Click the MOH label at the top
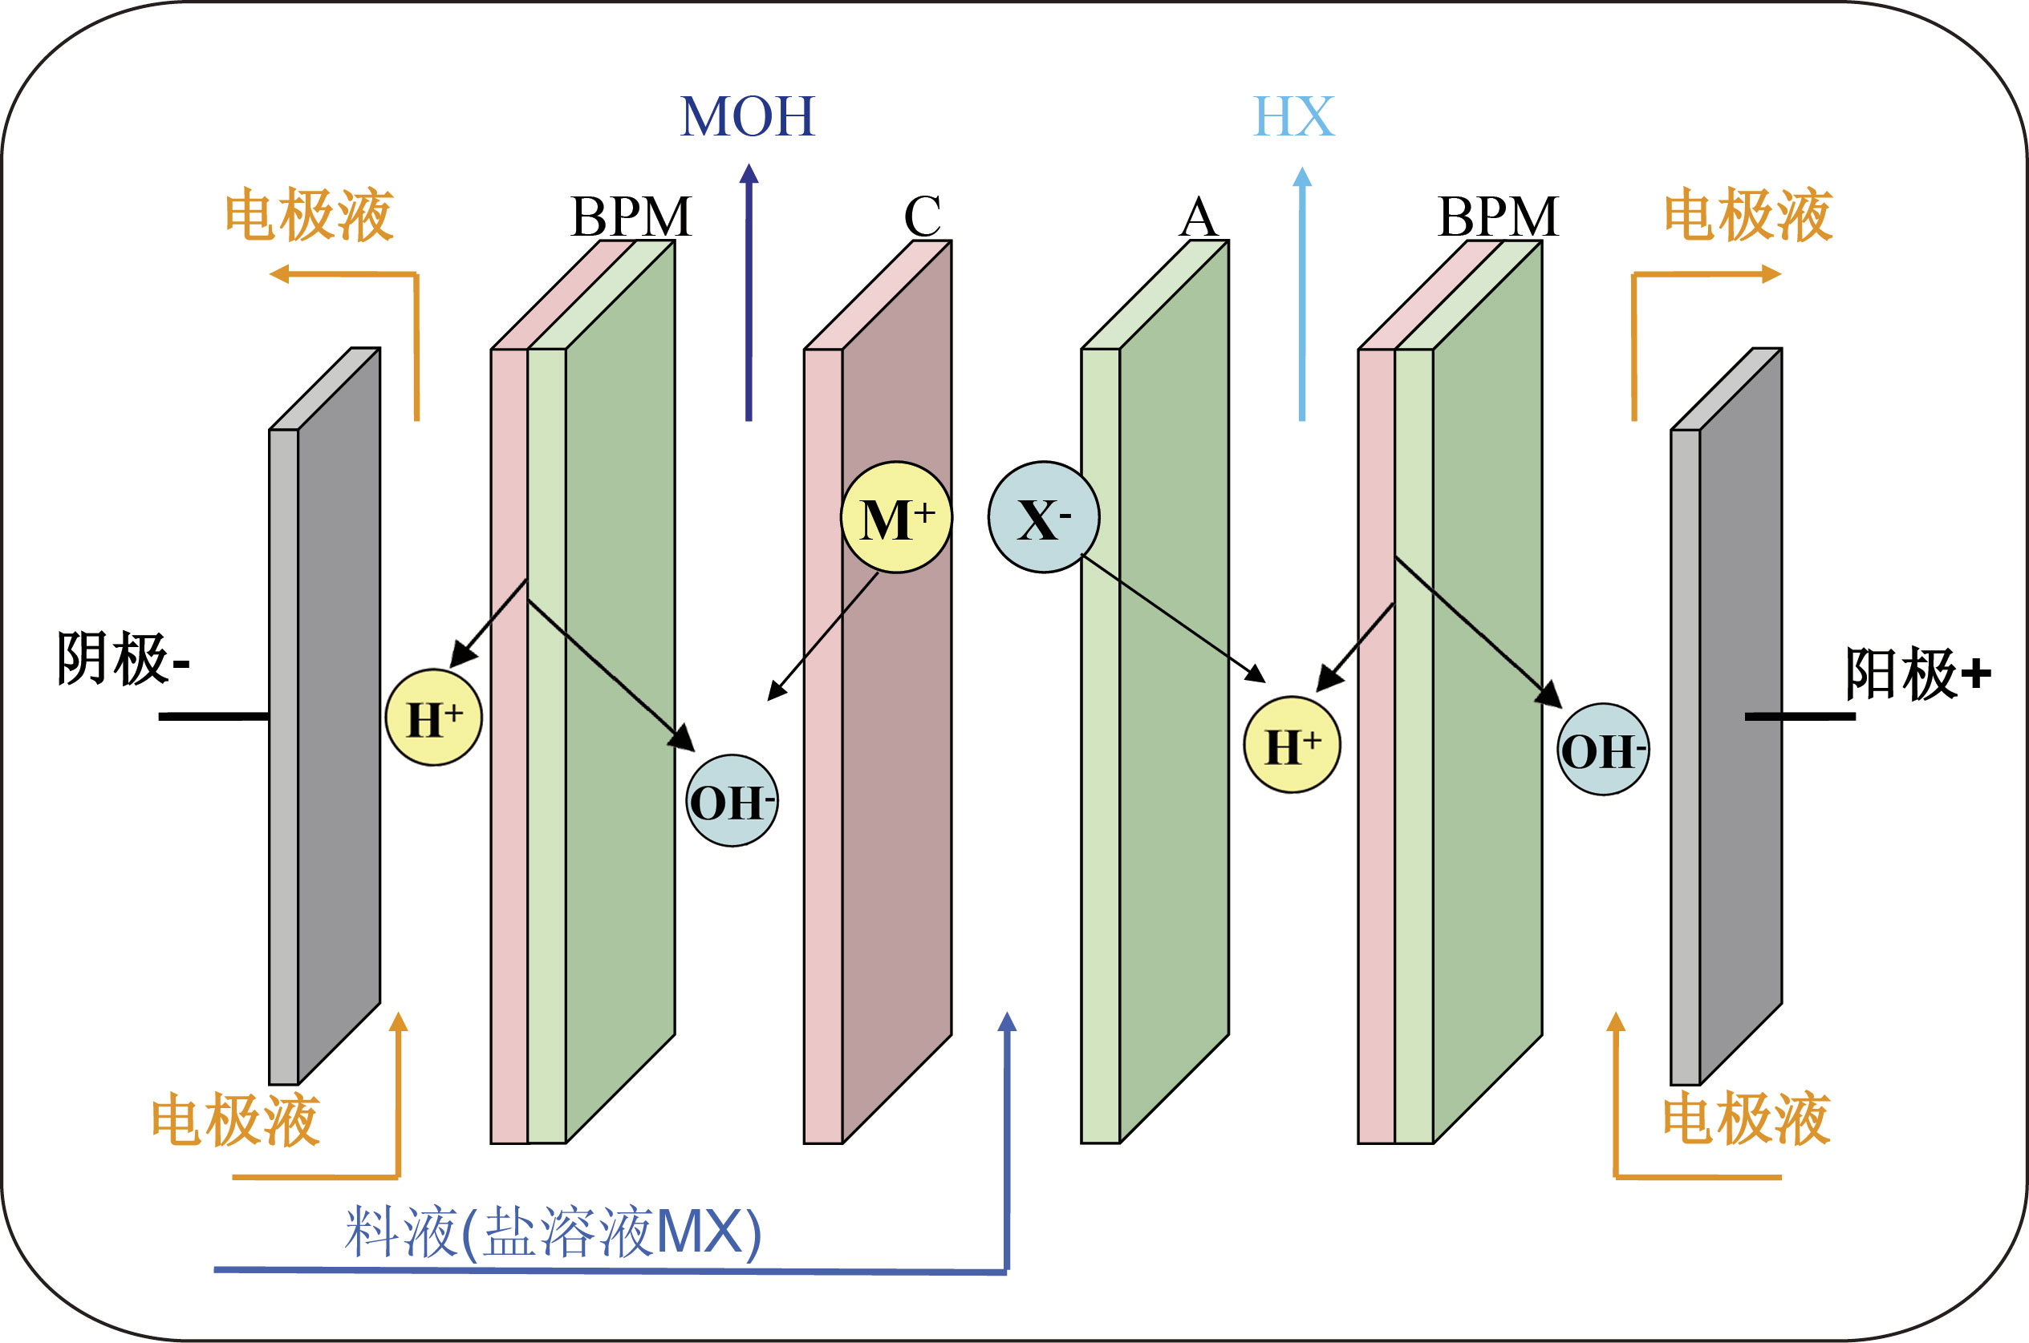(747, 116)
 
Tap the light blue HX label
(1293, 116)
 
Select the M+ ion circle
(895, 518)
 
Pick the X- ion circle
(1043, 518)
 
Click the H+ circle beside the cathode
(433, 718)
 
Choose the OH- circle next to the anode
(1602, 750)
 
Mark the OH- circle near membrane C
(732, 802)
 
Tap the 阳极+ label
(1917, 674)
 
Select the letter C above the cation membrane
(922, 216)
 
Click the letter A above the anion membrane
(1198, 217)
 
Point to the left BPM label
(631, 216)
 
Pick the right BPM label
(1498, 216)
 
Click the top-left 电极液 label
(308, 214)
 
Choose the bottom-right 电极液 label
(1747, 1118)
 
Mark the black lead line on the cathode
(214, 716)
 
